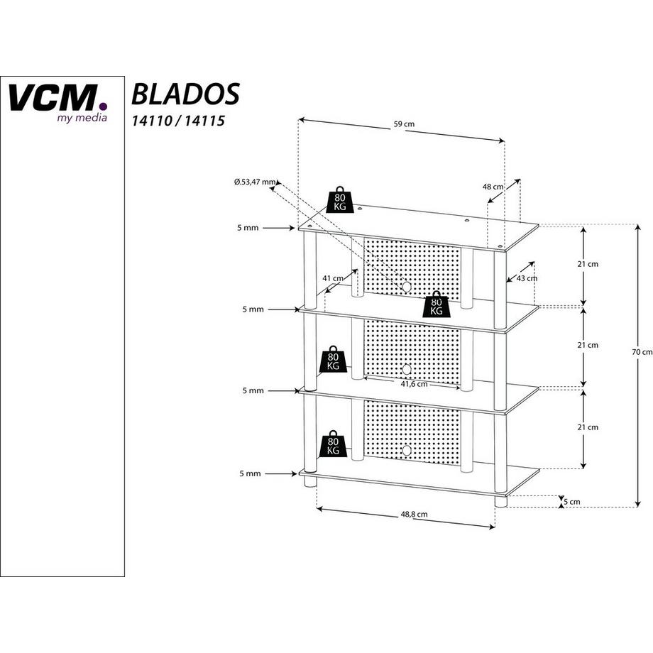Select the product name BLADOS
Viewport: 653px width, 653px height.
[x=185, y=94]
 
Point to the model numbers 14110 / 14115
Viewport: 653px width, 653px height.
[x=178, y=121]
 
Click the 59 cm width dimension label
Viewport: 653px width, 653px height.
[x=404, y=124]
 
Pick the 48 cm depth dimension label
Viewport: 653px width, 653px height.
[x=493, y=187]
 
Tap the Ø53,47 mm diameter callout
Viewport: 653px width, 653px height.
[x=254, y=182]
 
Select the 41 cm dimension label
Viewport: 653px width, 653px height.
[x=332, y=278]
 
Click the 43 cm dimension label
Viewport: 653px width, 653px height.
[x=527, y=278]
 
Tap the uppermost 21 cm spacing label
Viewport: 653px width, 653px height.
[x=588, y=264]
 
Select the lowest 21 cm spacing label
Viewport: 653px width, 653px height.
[x=588, y=427]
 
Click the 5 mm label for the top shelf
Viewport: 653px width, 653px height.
[x=249, y=228]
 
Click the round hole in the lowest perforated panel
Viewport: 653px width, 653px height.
[x=406, y=450]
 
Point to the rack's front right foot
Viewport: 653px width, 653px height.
[x=500, y=501]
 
